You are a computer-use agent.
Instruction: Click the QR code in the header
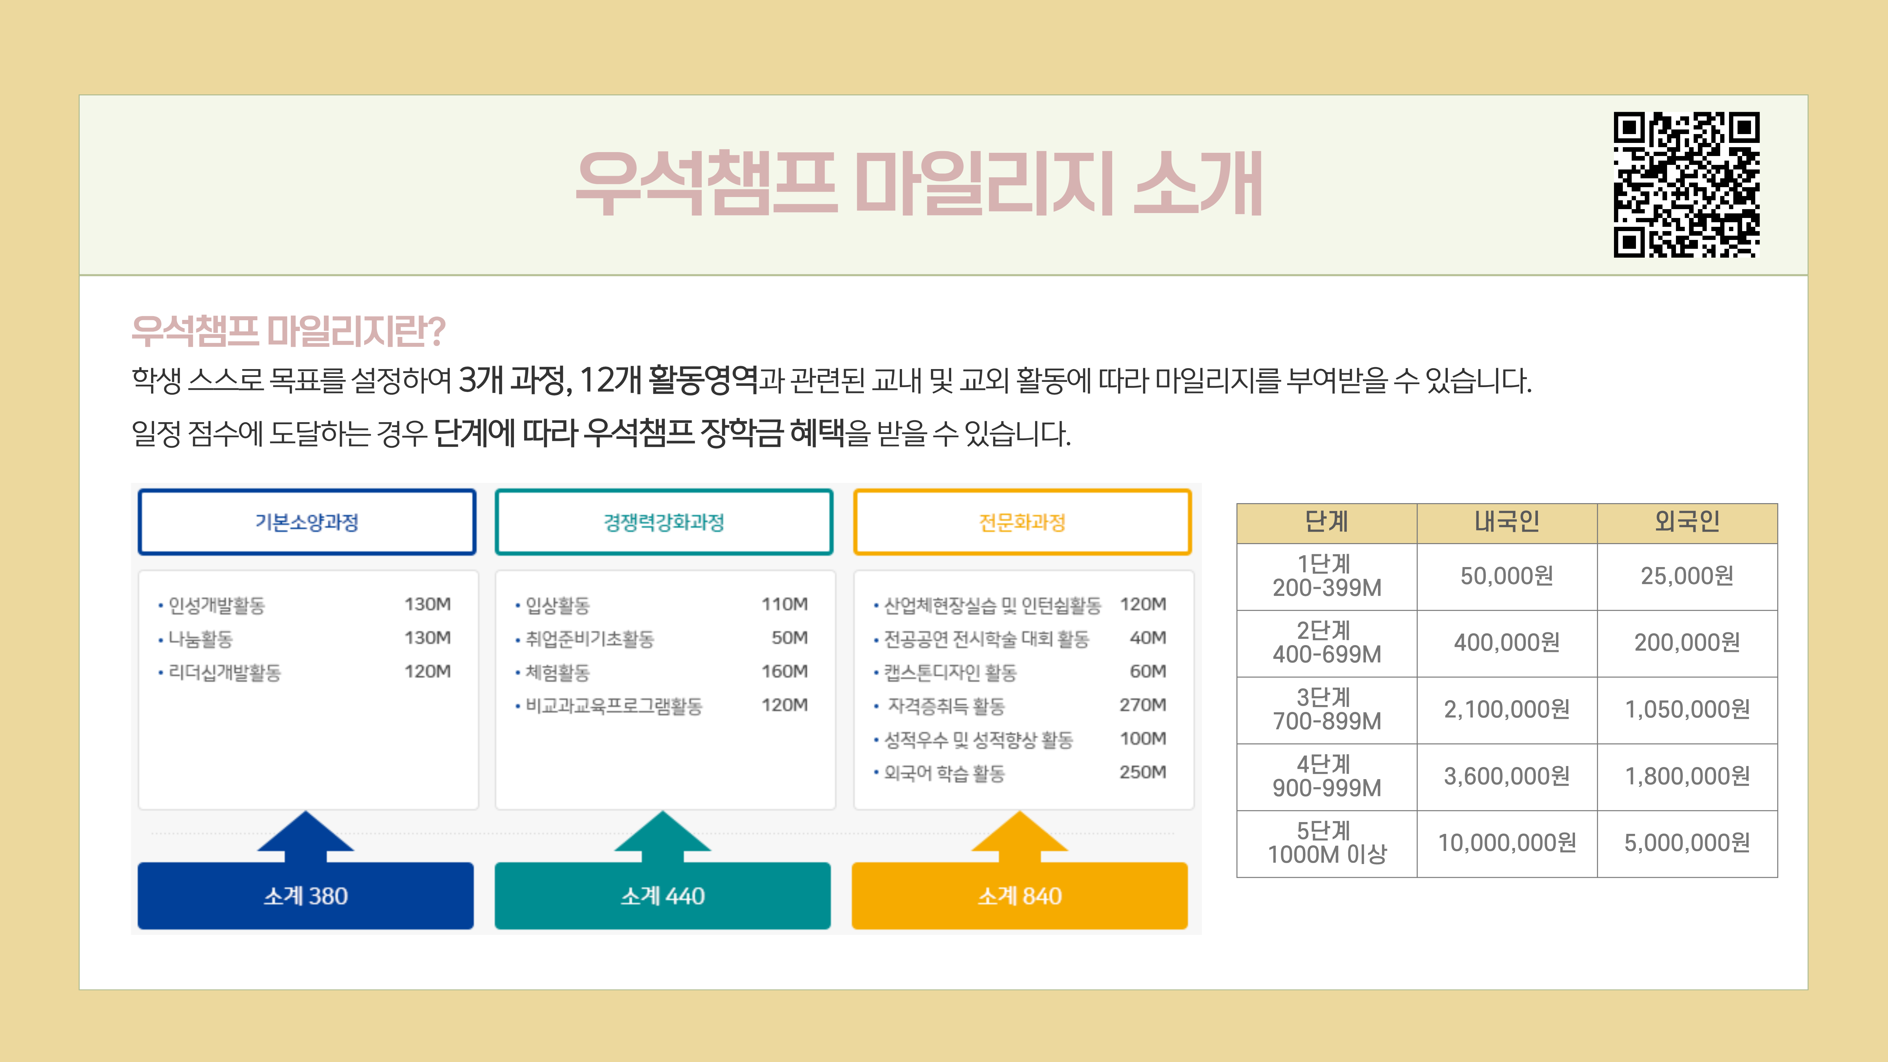click(1686, 185)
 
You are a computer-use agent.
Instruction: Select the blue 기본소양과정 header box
click(307, 522)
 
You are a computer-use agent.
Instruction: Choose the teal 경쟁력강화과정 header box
click(664, 522)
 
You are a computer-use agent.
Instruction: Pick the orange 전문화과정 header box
click(1022, 522)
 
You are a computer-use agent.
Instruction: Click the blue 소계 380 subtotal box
click(305, 895)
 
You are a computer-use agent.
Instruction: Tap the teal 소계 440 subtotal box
click(662, 895)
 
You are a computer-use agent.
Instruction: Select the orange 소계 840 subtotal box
click(1019, 895)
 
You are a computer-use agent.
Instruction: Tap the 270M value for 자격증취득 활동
click(1143, 705)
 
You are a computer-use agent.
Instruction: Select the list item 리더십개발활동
click(224, 672)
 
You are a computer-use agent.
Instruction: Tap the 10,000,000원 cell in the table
click(1507, 843)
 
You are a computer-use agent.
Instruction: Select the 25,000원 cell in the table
click(1687, 576)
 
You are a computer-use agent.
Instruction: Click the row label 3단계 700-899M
click(1327, 709)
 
